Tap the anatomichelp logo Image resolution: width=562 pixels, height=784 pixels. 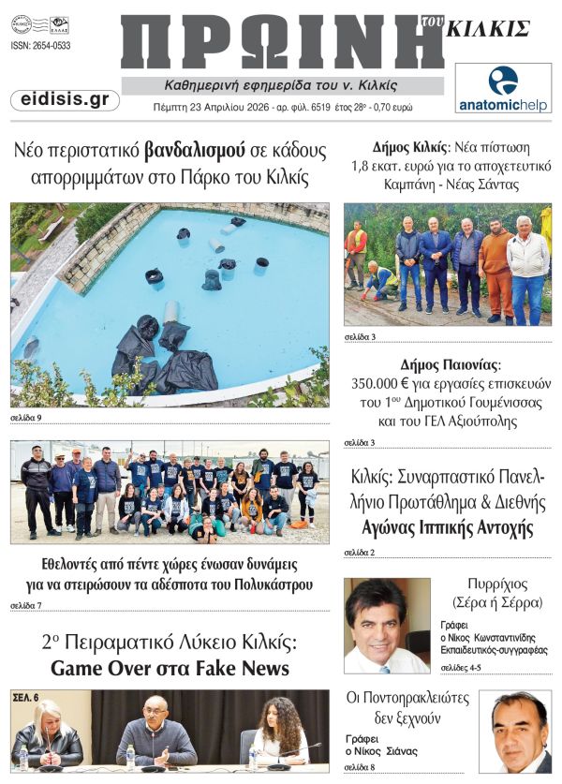click(x=503, y=88)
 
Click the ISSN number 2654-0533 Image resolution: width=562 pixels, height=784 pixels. click(x=41, y=46)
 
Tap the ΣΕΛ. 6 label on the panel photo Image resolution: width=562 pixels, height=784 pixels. click(x=26, y=699)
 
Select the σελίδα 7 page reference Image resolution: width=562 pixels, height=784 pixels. click(x=25, y=605)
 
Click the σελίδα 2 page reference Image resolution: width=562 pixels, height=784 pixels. click(x=359, y=553)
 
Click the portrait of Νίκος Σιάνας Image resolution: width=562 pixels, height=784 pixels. click(x=514, y=731)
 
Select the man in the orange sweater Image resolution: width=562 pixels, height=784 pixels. click(x=495, y=267)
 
